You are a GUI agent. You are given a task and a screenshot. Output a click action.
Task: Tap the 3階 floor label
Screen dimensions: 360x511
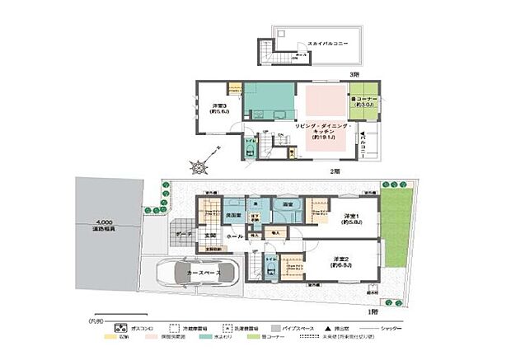pos(354,75)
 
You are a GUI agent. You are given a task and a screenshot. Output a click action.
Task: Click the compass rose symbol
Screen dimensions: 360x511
pos(200,166)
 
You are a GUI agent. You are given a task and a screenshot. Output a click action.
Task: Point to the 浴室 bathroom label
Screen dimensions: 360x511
pos(288,203)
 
